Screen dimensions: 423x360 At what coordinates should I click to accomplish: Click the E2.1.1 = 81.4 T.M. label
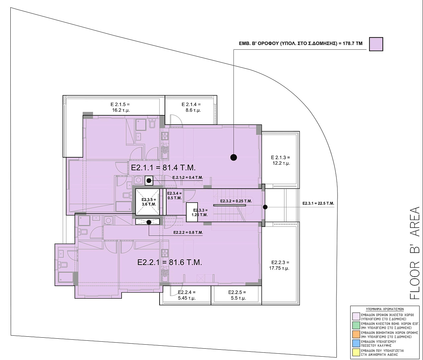tap(163, 168)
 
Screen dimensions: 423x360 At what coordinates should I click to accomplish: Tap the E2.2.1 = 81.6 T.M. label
tap(170, 262)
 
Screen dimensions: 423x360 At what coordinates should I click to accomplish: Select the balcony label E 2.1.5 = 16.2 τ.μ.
tap(120, 107)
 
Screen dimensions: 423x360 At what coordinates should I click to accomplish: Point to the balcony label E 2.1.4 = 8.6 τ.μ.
tap(191, 107)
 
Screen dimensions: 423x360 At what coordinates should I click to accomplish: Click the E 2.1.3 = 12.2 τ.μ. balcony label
tap(280, 160)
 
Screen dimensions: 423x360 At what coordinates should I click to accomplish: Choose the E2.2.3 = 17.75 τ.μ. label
tap(279, 265)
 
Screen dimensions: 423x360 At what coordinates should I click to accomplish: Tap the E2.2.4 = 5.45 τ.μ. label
tap(187, 295)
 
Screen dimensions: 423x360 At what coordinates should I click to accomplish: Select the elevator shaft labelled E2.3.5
tap(147, 202)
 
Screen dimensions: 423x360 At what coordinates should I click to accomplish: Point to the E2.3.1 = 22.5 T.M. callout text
tap(318, 203)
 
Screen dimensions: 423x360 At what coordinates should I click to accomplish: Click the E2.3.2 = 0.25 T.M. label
tap(236, 201)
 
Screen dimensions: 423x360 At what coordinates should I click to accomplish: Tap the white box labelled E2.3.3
tap(192, 212)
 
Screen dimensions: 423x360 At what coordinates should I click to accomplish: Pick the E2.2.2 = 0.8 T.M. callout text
tap(188, 233)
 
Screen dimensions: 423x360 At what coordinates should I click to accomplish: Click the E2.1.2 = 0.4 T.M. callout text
tap(188, 178)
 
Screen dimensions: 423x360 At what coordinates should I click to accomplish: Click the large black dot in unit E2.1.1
tap(234, 157)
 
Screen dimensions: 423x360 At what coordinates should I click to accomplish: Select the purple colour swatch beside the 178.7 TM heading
tap(376, 44)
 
